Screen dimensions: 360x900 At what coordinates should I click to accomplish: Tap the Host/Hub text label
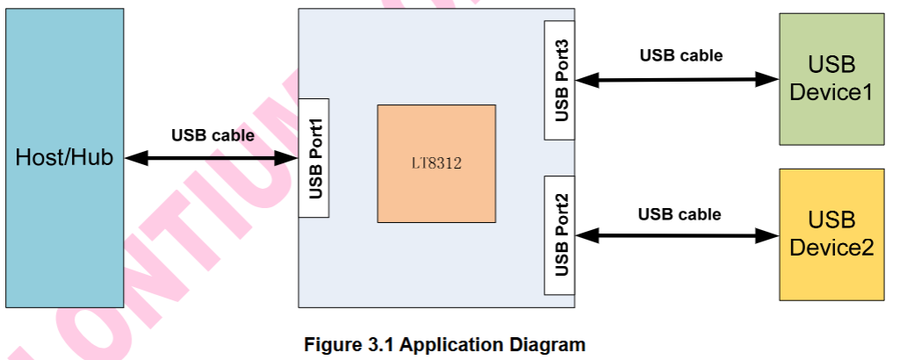click(64, 158)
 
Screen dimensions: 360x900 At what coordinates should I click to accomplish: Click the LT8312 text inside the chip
click(436, 163)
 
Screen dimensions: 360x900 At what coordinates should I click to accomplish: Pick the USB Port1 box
click(314, 158)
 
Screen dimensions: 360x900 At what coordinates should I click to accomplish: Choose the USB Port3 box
click(559, 80)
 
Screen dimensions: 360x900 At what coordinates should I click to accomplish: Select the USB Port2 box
click(559, 236)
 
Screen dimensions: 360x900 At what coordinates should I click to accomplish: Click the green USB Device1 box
click(831, 78)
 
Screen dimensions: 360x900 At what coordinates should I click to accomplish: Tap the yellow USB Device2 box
click(831, 234)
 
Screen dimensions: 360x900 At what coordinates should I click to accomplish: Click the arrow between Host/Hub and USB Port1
click(211, 159)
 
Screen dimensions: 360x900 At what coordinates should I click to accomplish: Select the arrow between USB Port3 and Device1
click(676, 80)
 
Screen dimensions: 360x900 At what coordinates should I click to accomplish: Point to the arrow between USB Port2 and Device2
click(676, 235)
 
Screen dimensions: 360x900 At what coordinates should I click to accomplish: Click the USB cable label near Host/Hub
click(212, 136)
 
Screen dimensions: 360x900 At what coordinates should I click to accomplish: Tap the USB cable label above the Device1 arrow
click(680, 55)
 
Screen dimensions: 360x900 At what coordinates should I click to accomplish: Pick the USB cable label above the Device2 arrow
click(679, 214)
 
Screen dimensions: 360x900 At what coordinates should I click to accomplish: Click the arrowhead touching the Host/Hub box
click(134, 159)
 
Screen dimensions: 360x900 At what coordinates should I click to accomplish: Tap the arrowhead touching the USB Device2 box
click(769, 235)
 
